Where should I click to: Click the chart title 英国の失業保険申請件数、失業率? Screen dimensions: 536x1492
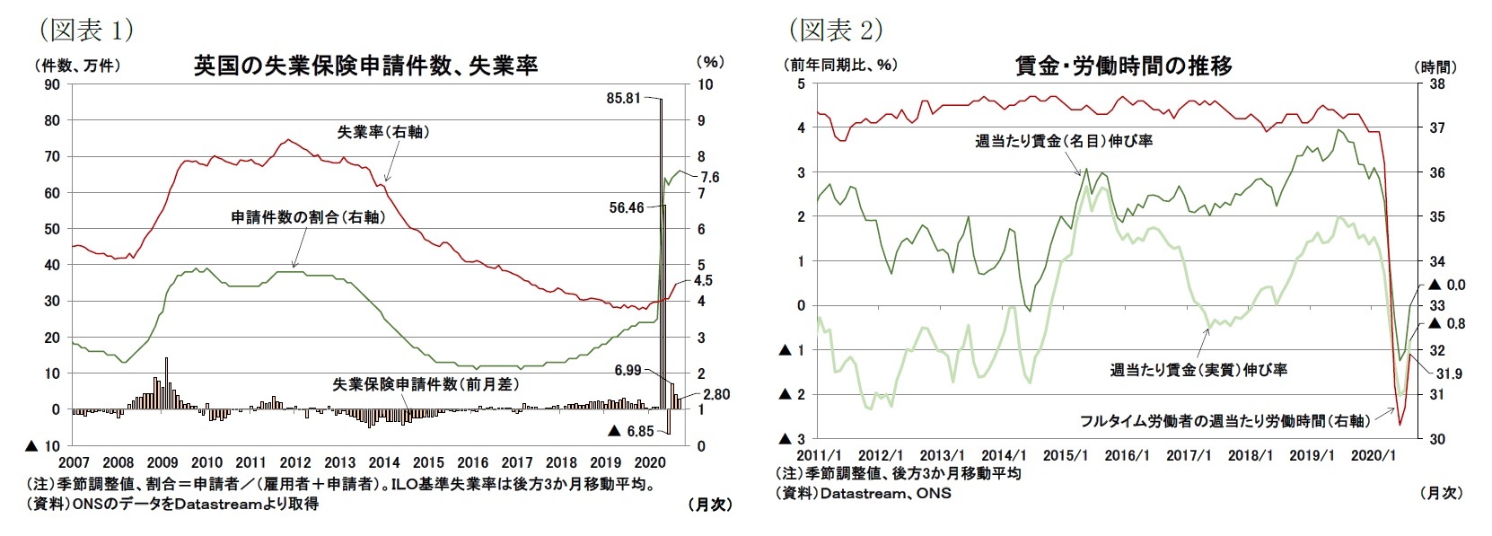[x=365, y=66]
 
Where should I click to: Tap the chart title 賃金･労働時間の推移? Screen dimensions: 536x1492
[x=1123, y=66]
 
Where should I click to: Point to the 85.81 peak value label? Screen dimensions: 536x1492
[x=624, y=98]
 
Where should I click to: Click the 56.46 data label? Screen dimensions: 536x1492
[x=626, y=207]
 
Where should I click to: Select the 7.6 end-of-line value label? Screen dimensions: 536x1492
[x=709, y=178]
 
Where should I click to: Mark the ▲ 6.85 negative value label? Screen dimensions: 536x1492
[x=632, y=431]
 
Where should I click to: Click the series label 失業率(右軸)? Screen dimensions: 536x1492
[x=383, y=132]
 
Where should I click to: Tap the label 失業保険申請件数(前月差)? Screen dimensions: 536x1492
[x=426, y=383]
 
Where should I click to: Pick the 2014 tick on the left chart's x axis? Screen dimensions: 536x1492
[x=384, y=463]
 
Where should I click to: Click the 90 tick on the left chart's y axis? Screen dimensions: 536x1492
[x=52, y=84]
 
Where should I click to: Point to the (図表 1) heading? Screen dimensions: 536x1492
[x=86, y=31]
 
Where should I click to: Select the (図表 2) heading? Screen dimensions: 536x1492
[x=836, y=31]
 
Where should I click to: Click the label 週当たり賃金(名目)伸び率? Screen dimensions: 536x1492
[x=1064, y=141]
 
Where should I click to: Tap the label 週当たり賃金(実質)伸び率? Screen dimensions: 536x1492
[x=1198, y=369]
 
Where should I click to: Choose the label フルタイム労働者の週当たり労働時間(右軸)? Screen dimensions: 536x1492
[x=1225, y=420]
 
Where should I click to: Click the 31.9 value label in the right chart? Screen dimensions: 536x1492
[x=1449, y=373]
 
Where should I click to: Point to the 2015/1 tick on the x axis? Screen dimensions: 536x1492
[x=1065, y=456]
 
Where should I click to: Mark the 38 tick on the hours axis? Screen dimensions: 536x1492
[x=1436, y=84]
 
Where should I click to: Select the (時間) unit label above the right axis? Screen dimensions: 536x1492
[x=1435, y=66]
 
